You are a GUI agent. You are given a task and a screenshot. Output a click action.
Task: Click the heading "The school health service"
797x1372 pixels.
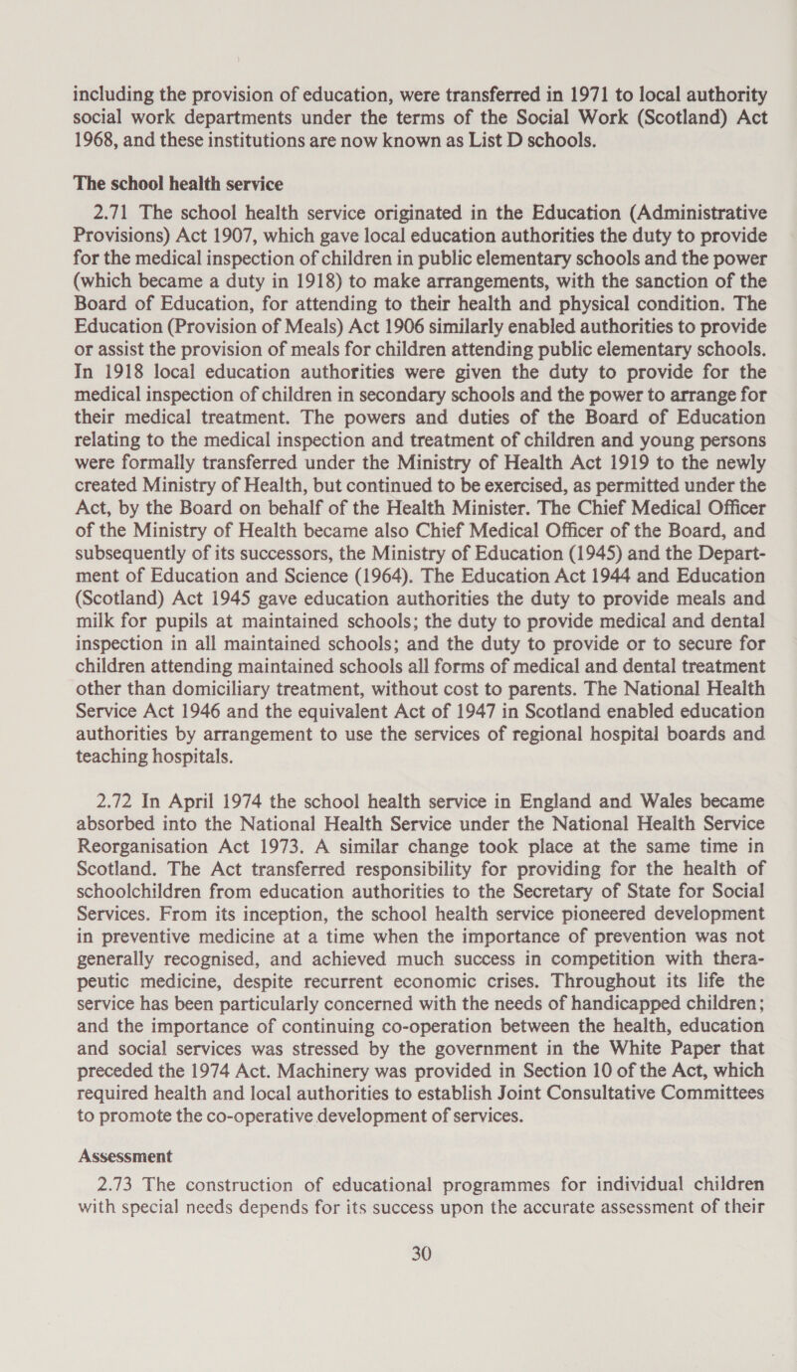click(x=177, y=183)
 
